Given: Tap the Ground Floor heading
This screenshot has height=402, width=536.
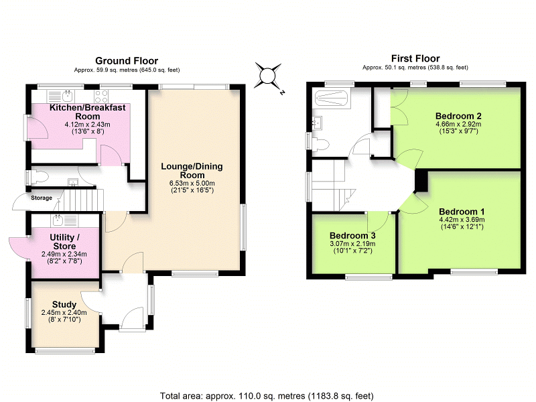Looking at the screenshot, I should (x=127, y=60).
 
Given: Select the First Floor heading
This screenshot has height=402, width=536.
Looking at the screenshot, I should (x=415, y=58).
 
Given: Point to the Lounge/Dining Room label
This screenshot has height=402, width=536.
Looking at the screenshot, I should (x=192, y=171).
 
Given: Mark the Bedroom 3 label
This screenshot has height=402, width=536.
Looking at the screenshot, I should (x=350, y=236).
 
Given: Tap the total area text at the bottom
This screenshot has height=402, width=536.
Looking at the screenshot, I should (x=267, y=395).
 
